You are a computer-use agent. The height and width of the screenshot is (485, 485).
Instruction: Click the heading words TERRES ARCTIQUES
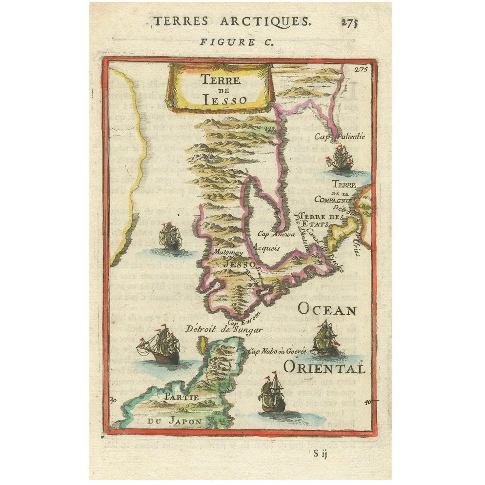click(x=231, y=21)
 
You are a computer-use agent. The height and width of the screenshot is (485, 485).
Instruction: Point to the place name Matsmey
click(x=227, y=253)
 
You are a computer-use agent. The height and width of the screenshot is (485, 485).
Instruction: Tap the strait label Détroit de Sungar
click(x=224, y=329)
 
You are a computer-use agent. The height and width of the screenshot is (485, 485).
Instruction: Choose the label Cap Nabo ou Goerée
click(x=277, y=350)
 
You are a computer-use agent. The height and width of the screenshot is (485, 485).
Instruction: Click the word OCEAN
click(x=327, y=309)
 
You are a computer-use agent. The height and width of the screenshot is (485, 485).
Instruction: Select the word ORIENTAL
click(x=323, y=367)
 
